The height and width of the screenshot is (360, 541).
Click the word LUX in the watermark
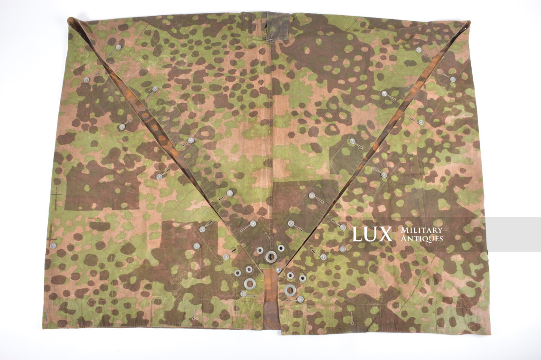click(x=372, y=234)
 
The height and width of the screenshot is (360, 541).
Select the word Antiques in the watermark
click(x=422, y=238)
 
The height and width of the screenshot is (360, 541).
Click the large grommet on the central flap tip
click(x=271, y=257)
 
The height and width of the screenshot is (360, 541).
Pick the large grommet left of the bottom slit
click(x=250, y=284)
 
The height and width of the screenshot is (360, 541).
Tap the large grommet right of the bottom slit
click(x=289, y=290)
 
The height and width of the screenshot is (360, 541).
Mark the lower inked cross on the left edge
click(x=51, y=234)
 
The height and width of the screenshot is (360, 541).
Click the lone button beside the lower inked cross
click(x=53, y=246)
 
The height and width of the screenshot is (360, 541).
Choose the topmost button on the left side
click(x=118, y=47)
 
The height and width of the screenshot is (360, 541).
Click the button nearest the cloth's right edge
click(x=452, y=79)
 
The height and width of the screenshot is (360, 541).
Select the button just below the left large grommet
click(x=243, y=294)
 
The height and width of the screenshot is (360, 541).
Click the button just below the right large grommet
click(x=300, y=299)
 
